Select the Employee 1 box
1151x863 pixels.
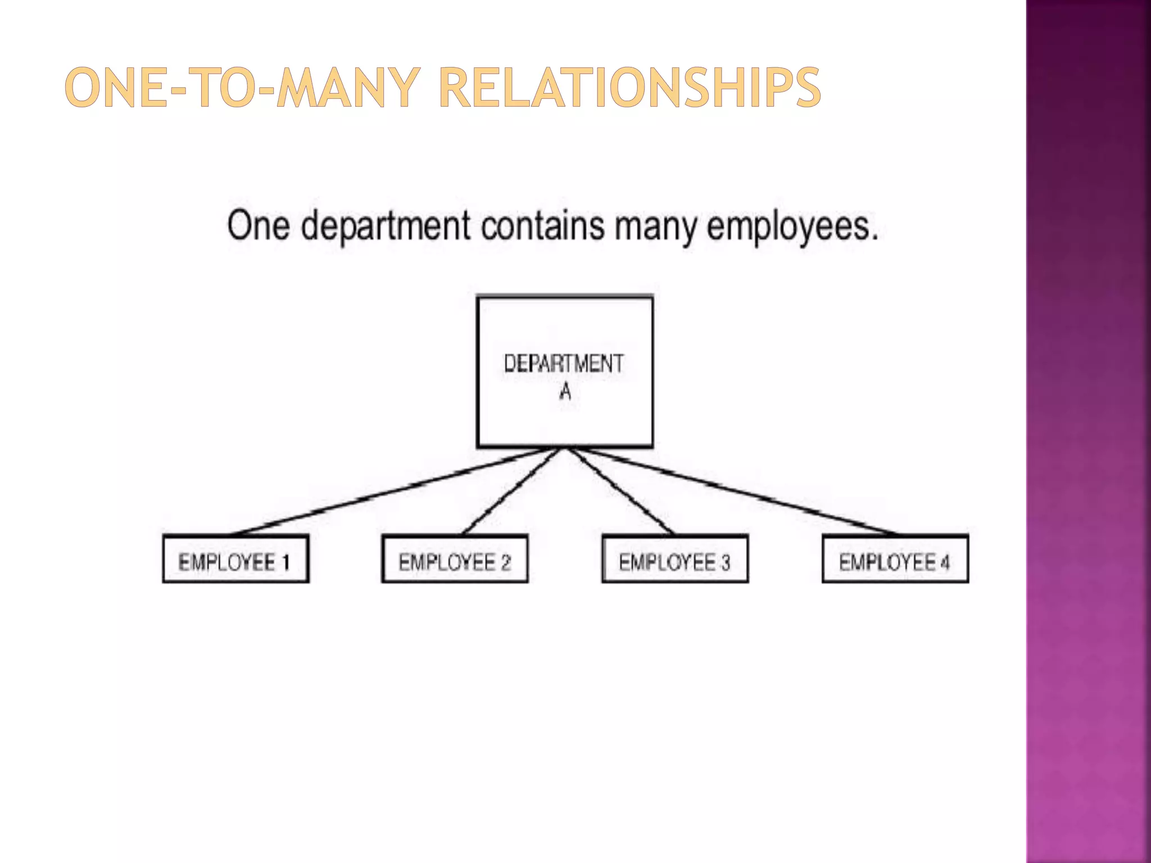(235, 559)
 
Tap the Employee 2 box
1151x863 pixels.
(455, 559)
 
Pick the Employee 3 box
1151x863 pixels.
(675, 559)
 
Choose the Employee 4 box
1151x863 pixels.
(895, 559)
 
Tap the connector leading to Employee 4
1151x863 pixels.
(731, 490)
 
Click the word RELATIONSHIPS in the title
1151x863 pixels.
(629, 88)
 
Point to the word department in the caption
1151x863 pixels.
(385, 226)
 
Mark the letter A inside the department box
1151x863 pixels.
(565, 391)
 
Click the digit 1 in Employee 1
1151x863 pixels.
(286, 562)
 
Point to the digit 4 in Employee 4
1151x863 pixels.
(945, 562)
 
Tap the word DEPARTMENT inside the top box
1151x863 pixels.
(564, 364)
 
